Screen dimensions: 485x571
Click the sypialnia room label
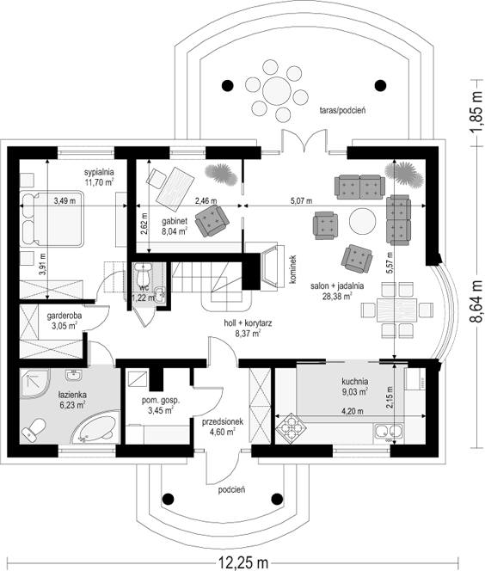point(99,172)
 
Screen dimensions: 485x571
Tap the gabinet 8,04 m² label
point(175,226)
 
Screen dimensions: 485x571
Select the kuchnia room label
point(354,382)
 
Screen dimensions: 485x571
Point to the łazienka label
point(72,395)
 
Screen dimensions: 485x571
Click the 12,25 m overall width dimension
point(243,563)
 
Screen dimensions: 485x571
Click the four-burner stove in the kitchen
point(291,429)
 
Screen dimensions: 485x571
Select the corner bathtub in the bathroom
point(95,427)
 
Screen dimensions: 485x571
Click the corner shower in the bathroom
point(34,384)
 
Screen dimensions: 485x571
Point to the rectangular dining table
point(396,310)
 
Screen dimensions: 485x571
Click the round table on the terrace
point(276,90)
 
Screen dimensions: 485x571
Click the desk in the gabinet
point(175,188)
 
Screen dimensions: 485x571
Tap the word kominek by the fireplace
point(292,268)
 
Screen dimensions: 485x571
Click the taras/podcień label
point(342,110)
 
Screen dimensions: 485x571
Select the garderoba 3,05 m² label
point(64,321)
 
